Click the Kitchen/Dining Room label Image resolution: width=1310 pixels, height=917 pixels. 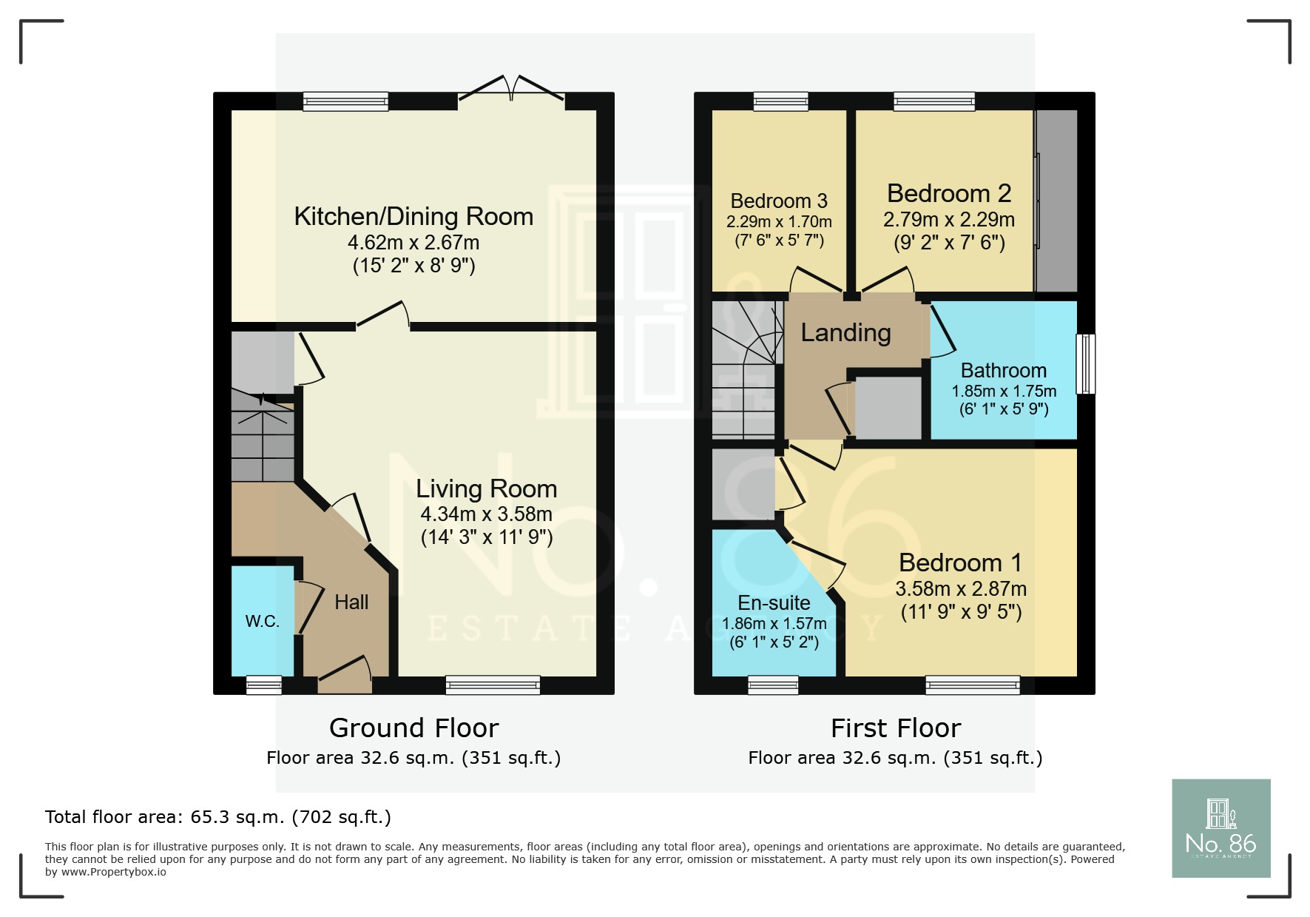(x=413, y=217)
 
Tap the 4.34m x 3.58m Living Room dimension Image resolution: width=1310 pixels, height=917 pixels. (x=486, y=514)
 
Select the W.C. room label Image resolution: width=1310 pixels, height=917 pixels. (x=263, y=622)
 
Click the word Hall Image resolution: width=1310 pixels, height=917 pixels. (x=351, y=602)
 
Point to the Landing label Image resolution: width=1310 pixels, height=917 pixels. (x=845, y=333)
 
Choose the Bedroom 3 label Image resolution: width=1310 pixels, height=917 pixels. (x=779, y=201)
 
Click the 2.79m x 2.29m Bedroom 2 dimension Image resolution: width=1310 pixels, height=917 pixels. (x=948, y=220)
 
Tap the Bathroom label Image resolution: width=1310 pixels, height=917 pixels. (x=1003, y=371)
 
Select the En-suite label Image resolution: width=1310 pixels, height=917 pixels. (x=774, y=603)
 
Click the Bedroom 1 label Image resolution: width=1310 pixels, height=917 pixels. (x=960, y=563)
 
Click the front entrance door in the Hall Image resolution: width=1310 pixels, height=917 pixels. (x=345, y=675)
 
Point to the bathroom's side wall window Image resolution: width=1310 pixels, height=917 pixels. (x=1085, y=363)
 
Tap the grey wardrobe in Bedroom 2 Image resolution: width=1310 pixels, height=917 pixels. (x=1056, y=201)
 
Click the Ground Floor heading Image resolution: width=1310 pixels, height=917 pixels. (x=413, y=728)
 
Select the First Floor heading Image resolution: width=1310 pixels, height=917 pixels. (x=895, y=728)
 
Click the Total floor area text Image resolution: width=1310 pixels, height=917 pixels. (x=217, y=817)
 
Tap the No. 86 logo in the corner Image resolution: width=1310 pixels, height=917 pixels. (x=1220, y=828)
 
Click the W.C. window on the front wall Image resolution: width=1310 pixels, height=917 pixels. (x=264, y=685)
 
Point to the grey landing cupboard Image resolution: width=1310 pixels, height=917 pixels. (x=888, y=408)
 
